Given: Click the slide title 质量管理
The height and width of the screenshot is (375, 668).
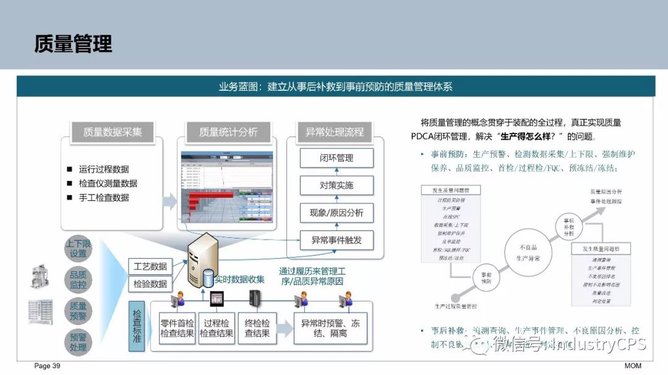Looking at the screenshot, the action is click(73, 44).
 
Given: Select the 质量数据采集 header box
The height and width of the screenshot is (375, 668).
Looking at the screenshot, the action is click(113, 132).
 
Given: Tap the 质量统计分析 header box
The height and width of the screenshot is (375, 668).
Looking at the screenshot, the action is click(228, 132).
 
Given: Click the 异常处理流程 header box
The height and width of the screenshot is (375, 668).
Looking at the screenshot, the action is click(335, 132).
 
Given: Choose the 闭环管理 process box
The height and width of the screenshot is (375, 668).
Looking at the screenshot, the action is click(336, 158).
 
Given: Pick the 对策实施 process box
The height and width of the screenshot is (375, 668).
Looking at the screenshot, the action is click(336, 185).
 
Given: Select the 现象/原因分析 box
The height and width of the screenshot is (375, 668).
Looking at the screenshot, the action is click(336, 213).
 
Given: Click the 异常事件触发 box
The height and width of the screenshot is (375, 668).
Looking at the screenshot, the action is click(336, 240).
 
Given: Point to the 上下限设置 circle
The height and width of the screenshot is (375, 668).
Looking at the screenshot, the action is click(79, 249).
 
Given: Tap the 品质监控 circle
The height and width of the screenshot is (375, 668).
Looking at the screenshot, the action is click(79, 279).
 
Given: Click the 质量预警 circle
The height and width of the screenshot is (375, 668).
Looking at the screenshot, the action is click(79, 310).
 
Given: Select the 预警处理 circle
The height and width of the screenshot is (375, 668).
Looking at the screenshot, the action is click(79, 342).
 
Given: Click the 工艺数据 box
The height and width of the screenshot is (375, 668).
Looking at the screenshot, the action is click(150, 266).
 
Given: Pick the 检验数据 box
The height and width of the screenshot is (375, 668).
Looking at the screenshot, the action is click(150, 284).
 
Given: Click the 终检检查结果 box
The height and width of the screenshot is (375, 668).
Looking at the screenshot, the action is click(257, 328).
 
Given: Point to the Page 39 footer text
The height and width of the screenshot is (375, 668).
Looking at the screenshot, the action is click(47, 366).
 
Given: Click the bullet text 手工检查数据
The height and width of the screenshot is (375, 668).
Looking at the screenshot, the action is click(104, 198).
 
